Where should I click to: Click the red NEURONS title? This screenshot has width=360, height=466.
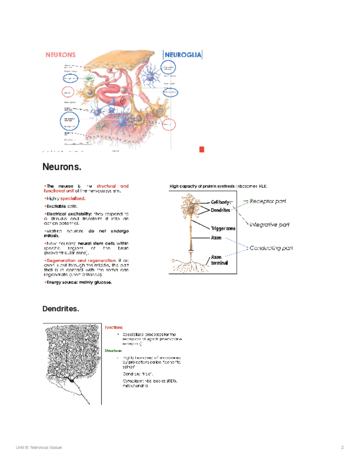coord(60,55)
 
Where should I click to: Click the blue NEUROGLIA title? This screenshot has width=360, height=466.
coord(183,54)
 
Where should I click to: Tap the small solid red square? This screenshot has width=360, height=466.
coord(202,149)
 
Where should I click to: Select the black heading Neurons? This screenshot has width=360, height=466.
coord(62,167)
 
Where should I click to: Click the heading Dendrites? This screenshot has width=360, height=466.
coord(60,309)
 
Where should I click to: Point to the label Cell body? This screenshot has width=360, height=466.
coord(220,202)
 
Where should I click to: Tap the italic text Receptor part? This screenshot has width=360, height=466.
coord(268,201)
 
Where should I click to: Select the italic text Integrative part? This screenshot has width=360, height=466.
coord(269,224)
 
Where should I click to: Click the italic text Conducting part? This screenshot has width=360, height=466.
coord(271,248)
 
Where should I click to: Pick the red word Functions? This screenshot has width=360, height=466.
coord(114,327)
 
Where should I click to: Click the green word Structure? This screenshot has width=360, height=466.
coord(114,349)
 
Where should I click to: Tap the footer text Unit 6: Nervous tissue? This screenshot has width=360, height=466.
coord(38,448)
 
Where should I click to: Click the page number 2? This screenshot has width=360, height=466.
coord(342,448)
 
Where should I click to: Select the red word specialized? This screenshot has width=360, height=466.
coord(73,198)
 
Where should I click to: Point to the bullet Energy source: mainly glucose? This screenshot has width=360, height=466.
coord(79,282)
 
